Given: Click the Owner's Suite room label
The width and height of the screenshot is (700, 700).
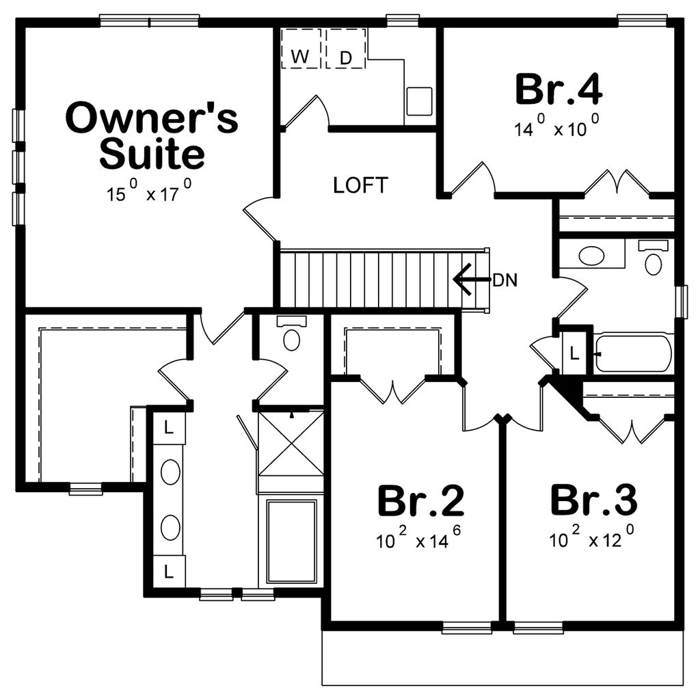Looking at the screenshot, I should click(x=152, y=136).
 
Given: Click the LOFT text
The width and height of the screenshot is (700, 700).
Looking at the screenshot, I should click(x=360, y=185).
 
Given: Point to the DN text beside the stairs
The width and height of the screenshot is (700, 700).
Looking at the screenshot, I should click(x=504, y=280).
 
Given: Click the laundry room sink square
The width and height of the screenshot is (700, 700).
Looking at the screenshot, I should click(x=419, y=100).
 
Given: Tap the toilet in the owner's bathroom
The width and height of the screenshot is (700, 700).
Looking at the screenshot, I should click(x=292, y=335).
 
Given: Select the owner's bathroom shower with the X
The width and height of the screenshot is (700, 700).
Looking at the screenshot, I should click(x=292, y=442).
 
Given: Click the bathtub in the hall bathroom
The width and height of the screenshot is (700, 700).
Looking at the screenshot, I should click(x=633, y=353).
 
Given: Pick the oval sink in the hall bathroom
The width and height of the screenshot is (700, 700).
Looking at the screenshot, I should click(x=592, y=256).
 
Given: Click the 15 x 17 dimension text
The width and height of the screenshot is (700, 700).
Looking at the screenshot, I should click(x=148, y=193).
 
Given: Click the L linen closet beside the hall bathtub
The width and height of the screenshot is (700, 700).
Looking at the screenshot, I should click(x=574, y=353).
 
